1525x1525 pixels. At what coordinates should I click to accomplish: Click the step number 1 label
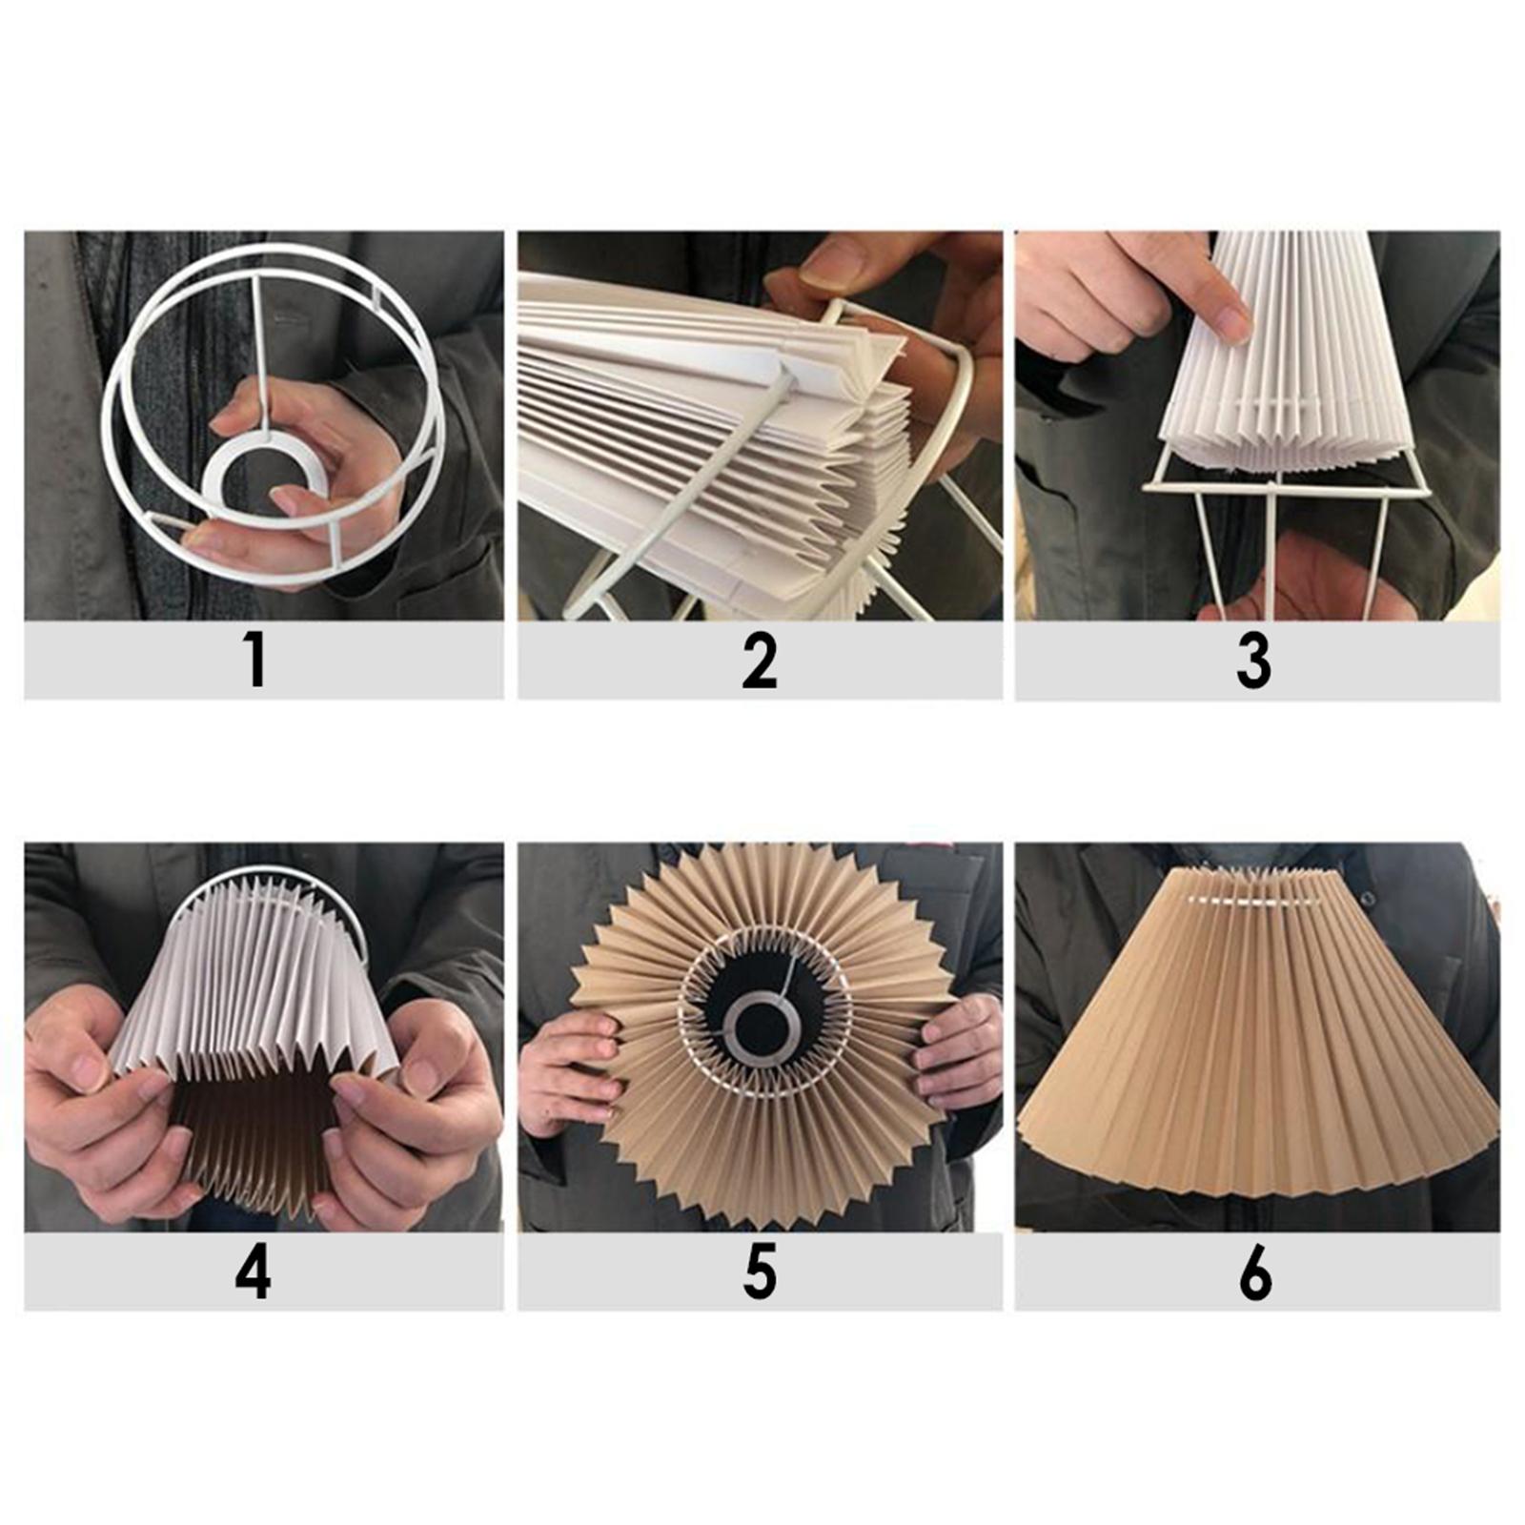tap(254, 660)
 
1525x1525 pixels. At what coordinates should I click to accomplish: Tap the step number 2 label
tap(760, 660)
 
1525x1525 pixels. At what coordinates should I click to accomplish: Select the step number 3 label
tap(1253, 661)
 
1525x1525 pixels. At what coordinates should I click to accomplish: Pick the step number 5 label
tap(760, 1271)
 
